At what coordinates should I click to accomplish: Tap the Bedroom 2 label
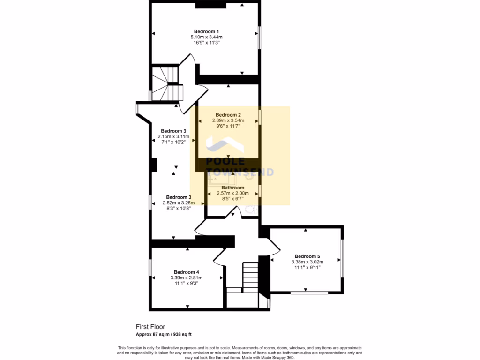coord(228,115)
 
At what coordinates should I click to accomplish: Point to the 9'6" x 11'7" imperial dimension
coord(228,126)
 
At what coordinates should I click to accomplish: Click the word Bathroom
coord(232,187)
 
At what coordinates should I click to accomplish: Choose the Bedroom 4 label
coord(187,272)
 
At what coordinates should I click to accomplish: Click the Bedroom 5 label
coord(307,256)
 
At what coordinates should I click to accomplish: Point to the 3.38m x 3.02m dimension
coord(307,262)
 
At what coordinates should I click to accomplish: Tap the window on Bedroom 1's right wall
coord(259,37)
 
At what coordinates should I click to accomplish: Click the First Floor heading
coord(150,327)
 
